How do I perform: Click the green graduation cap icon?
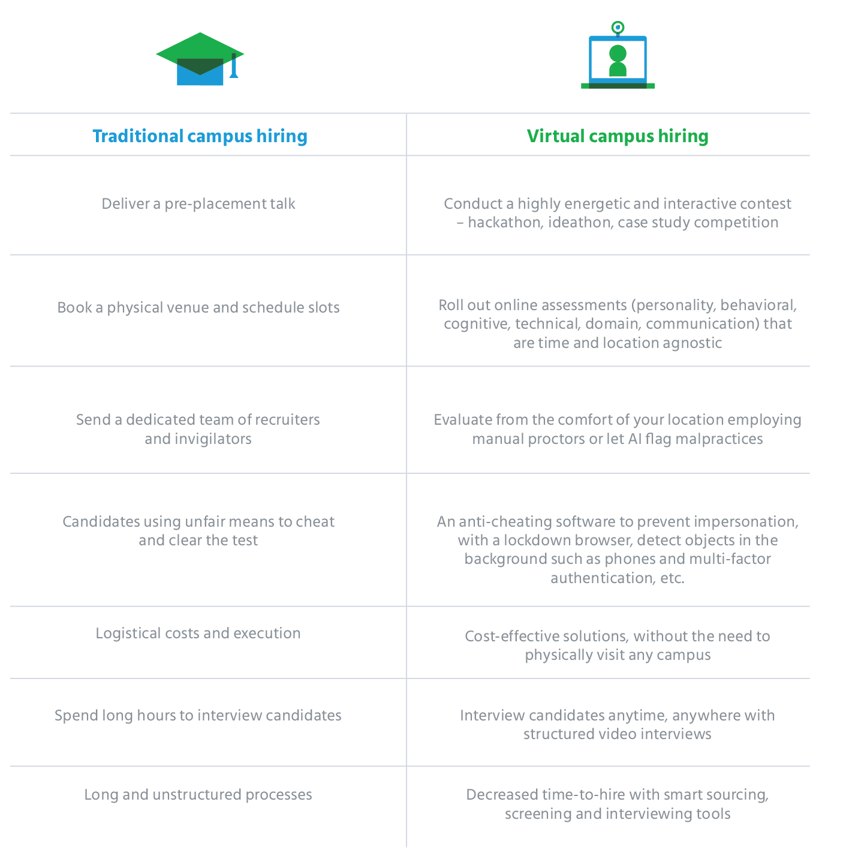(200, 58)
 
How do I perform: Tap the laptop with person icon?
(618, 61)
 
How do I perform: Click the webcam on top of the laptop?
(618, 28)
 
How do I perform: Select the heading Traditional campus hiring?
(200, 136)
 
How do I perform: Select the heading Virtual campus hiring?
(618, 136)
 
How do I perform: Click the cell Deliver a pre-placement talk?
(198, 204)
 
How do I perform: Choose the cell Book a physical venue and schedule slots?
(198, 308)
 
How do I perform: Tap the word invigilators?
(198, 439)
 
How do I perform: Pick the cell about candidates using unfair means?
(198, 531)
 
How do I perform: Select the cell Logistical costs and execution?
(198, 633)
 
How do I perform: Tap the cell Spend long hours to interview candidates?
(198, 716)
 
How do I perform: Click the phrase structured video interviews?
(618, 734)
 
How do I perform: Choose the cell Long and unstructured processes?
(198, 795)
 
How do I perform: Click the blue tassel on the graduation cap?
(234, 65)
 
